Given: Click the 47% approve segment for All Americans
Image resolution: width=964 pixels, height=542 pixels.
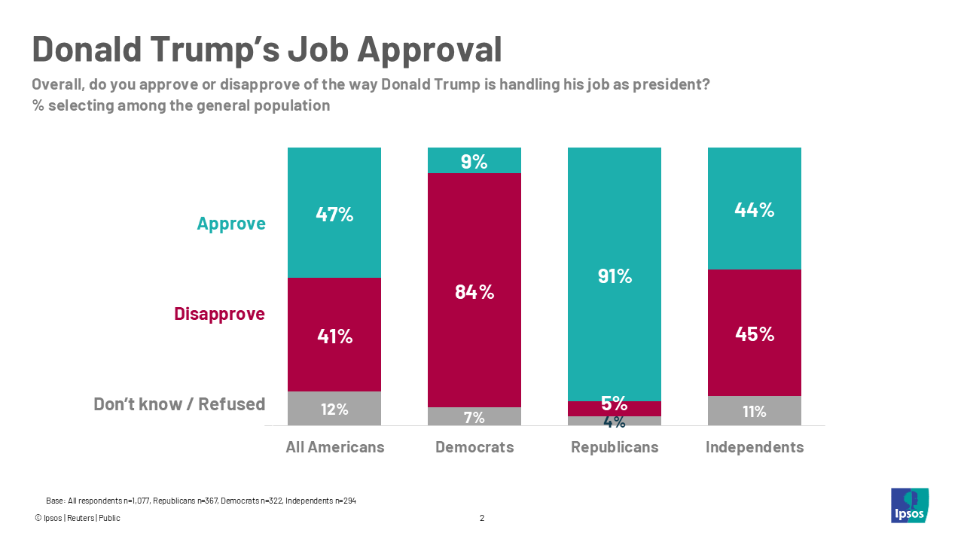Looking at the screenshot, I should click(x=334, y=213).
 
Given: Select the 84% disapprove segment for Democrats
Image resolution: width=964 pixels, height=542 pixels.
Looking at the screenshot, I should click(x=474, y=291).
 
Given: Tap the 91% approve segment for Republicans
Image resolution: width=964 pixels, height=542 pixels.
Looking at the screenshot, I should click(x=615, y=275).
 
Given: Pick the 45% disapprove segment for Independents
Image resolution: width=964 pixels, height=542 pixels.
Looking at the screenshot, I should click(x=754, y=333).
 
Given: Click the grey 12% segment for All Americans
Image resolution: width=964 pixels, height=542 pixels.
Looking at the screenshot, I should click(x=334, y=409).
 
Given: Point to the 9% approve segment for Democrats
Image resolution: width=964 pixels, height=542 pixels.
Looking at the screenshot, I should click(x=474, y=160).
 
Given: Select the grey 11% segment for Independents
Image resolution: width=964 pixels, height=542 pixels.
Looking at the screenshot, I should click(x=754, y=411).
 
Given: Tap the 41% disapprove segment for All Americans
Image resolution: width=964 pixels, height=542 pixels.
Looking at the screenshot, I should click(x=334, y=335).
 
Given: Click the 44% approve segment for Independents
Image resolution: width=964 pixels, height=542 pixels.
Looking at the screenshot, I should click(x=754, y=209).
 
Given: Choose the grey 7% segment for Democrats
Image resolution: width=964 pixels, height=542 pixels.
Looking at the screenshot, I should click(x=474, y=417).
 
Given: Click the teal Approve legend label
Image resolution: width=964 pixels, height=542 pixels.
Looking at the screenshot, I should click(x=231, y=224).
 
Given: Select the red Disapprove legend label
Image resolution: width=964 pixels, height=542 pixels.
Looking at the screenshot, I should click(x=219, y=314).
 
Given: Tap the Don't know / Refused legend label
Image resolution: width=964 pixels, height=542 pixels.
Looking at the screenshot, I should click(x=179, y=404).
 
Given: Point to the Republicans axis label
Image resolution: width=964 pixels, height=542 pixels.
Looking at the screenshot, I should click(x=615, y=447).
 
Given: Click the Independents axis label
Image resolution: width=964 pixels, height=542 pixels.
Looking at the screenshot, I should click(x=755, y=447).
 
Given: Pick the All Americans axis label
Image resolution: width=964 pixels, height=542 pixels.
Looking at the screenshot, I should click(x=335, y=447).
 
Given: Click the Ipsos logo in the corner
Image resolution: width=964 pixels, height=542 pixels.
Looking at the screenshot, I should click(x=909, y=505).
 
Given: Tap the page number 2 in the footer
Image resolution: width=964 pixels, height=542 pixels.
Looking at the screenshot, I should click(x=482, y=518).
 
